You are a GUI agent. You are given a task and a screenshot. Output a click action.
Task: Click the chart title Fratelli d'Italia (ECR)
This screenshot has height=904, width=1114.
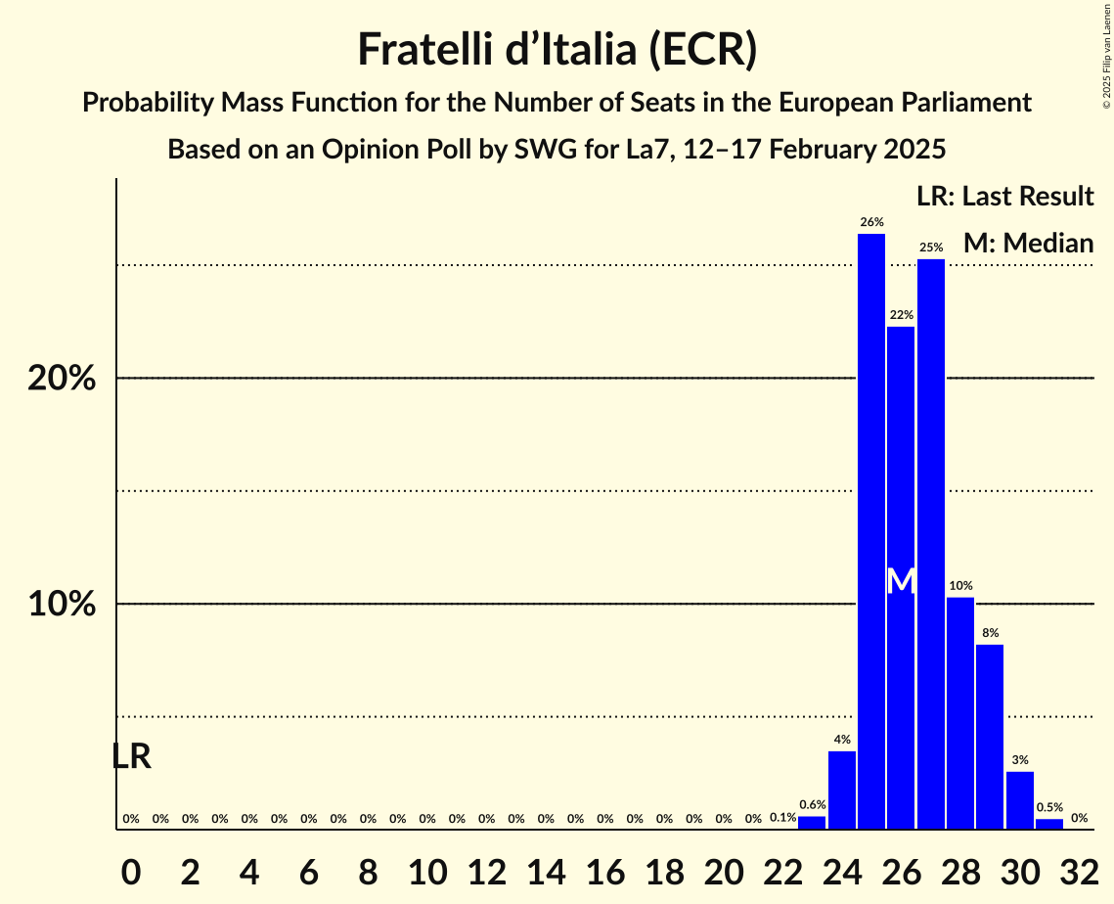557,49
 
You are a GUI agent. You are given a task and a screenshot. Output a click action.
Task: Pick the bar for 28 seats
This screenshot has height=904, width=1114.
960,713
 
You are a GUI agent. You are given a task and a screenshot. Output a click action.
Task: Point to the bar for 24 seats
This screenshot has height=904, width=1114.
842,790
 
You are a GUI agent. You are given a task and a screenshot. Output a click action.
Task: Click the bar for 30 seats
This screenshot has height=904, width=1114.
1020,800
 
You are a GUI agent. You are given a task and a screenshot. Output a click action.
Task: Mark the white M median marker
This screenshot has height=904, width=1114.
901,581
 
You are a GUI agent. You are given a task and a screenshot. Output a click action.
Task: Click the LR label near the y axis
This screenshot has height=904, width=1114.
131,756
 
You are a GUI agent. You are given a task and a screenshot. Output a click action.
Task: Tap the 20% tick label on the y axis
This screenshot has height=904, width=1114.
62,379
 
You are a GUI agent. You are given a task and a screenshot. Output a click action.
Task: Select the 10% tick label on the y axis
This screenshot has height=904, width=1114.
62,604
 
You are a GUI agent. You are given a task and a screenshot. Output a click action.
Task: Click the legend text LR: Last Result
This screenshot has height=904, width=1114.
1004,197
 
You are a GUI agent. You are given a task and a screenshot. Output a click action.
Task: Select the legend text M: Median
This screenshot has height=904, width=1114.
1028,243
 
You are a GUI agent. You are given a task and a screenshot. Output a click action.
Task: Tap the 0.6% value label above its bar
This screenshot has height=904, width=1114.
812,805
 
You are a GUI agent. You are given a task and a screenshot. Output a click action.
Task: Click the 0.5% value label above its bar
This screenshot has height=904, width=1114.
1049,808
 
